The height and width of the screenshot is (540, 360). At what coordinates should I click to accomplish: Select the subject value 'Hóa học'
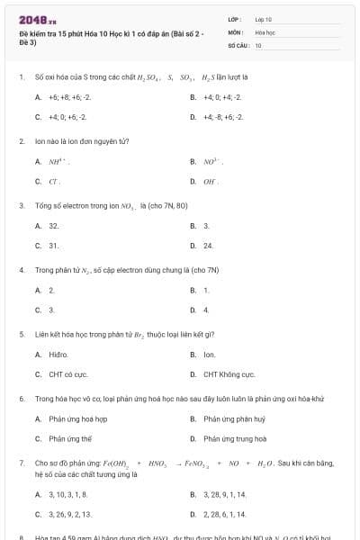[264, 31]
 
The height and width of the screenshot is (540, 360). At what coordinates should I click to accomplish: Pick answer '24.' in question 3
[208, 245]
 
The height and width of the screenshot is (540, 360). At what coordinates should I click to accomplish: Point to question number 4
[21, 269]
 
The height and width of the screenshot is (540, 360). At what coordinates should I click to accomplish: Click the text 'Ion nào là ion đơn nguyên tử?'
[82, 141]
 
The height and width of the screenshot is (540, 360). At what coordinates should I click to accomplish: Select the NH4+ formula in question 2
[59, 162]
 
